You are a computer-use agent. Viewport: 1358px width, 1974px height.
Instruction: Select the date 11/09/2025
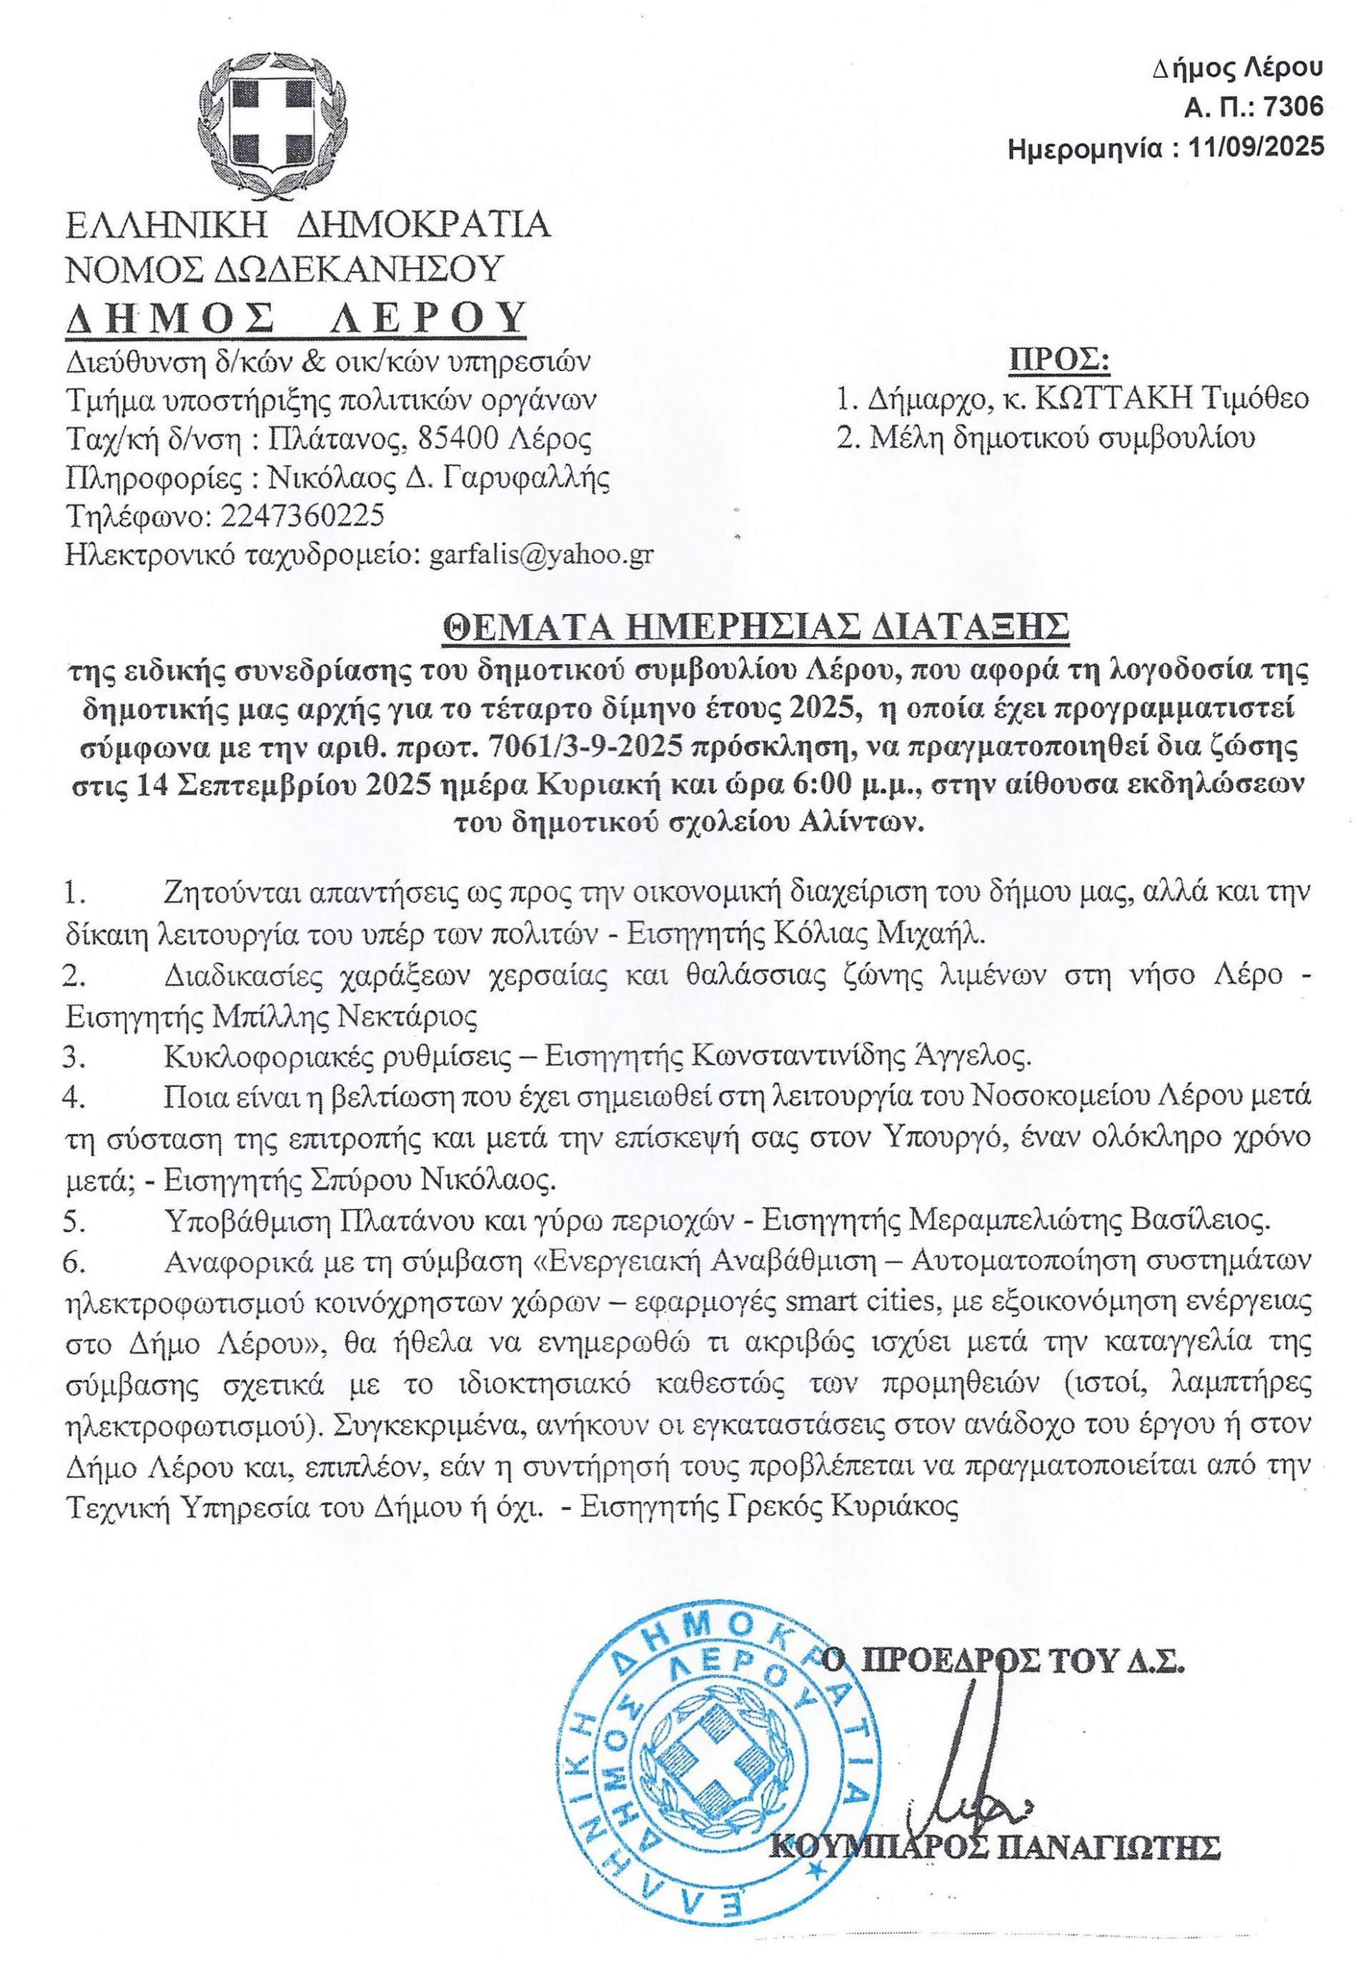click(1259, 147)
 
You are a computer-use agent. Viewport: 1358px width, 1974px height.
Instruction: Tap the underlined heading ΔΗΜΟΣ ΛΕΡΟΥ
click(296, 318)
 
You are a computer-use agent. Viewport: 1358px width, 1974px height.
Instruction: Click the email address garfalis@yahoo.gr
click(542, 554)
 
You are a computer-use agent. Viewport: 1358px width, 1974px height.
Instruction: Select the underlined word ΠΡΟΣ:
click(1059, 359)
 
